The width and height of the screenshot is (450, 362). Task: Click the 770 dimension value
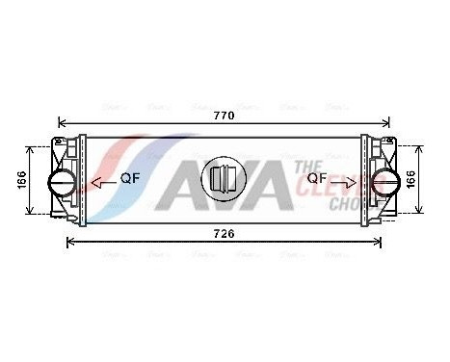coord(224,114)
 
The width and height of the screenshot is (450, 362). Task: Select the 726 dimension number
coord(224,233)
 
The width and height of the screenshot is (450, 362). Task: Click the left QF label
coord(129,179)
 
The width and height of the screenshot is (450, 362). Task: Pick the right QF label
coord(317,178)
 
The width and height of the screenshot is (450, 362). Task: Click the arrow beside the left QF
coord(100,180)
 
